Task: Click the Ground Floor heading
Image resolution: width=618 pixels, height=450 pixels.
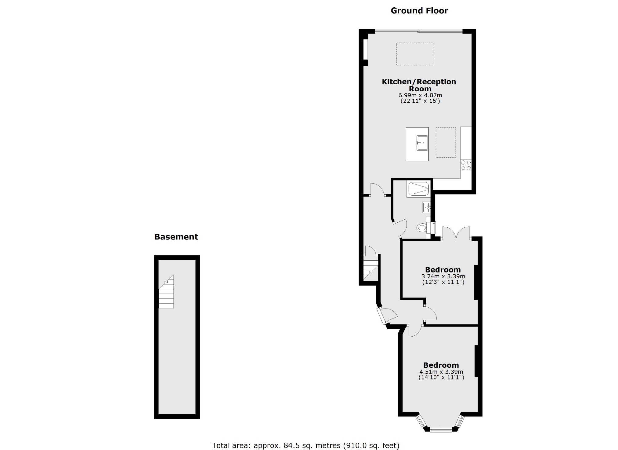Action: pos(419,11)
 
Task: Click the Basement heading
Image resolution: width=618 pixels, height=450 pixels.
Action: pos(176,237)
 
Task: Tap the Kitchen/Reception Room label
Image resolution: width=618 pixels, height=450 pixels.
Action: pos(419,85)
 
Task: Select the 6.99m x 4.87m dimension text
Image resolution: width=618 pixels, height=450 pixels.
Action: pos(420,96)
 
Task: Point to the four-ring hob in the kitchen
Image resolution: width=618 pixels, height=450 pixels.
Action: pos(466,165)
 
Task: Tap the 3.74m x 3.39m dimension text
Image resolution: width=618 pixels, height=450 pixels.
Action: pos(443,276)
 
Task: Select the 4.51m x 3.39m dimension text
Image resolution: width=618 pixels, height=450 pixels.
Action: pos(441,372)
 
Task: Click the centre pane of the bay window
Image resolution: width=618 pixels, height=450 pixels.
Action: pos(441,430)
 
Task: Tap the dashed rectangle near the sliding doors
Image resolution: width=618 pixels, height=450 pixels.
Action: pos(414,54)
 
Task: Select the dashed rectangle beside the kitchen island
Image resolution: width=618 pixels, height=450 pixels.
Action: pos(446,143)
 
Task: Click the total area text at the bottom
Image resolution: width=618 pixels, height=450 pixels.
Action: pos(305,445)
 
